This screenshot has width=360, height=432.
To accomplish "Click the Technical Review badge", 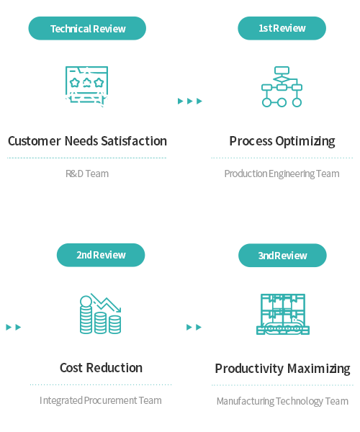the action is coord(87,28).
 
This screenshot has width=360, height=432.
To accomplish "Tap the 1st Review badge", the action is coord(282,28).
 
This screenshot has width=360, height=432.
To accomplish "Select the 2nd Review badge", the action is coord(101,255).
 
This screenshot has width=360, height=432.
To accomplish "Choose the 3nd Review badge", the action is coord(282,256).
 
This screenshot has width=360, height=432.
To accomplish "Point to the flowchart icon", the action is coord(282,87).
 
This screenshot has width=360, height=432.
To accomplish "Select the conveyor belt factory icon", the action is coord(283,314).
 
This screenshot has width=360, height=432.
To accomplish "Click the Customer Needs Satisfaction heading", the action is coord(87,141).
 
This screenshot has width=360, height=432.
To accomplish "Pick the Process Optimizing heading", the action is coord(282,141).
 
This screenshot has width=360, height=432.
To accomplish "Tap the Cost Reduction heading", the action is coord(101,368).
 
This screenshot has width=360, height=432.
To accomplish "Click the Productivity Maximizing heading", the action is coord(283,369).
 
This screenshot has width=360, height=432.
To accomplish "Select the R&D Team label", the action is coord(87,174).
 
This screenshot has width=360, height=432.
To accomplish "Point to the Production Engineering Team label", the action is coord(282,174).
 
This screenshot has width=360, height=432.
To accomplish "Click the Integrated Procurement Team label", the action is coord(101,400).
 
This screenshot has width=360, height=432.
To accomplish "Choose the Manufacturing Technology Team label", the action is coord(282,401).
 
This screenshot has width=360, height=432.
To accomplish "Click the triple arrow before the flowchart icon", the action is coord(190,101).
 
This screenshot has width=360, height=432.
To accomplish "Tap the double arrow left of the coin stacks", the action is coord(14,327).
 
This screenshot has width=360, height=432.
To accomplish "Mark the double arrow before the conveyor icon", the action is coord(194,327).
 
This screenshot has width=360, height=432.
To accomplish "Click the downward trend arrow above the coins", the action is coord(106,304).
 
